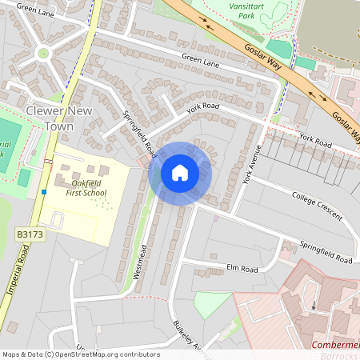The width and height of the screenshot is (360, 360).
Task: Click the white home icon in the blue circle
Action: coord(180,173)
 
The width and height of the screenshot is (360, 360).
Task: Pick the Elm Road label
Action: coord(242,269)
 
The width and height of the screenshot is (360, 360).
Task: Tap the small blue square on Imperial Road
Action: coord(43,192)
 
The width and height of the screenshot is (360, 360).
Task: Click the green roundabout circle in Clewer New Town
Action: coord(43,53)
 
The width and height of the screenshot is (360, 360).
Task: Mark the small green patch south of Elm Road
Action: coord(212,303)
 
